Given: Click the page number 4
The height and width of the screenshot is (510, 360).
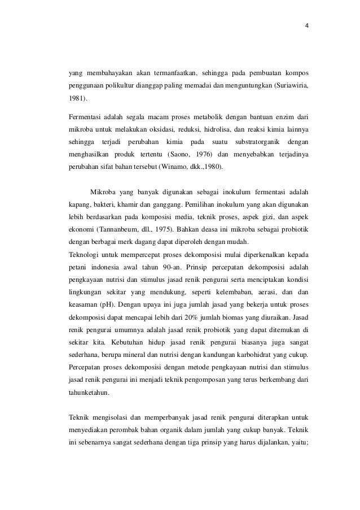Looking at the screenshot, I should pos(306,26).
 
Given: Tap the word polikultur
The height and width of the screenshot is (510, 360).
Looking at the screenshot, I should pos(122,86).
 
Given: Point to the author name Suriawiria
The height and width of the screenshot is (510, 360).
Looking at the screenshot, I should pos(292,86).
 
